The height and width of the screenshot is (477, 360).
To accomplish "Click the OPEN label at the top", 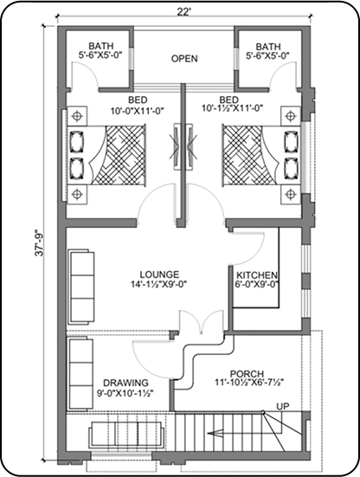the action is [x=184, y=58].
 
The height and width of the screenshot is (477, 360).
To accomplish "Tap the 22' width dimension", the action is [x=184, y=11].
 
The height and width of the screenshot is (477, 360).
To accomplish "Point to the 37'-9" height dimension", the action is [x=40, y=242].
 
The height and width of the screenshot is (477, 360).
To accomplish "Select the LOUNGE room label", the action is [x=159, y=274].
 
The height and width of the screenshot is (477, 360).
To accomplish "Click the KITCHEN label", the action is [x=257, y=275].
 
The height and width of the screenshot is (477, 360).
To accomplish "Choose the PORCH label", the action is [x=247, y=374].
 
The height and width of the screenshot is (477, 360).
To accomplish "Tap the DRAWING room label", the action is [x=125, y=383].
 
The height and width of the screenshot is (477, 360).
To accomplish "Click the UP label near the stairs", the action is [x=283, y=406].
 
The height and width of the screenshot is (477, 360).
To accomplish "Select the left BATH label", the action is [x=101, y=46].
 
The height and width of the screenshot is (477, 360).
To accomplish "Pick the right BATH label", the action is [x=268, y=47].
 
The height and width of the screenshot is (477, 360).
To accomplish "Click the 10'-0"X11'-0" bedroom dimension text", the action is [x=137, y=111].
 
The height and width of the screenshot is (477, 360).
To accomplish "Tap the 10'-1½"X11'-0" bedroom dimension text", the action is [x=232, y=108].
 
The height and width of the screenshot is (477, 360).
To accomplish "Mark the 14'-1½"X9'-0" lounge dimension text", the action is [x=158, y=284].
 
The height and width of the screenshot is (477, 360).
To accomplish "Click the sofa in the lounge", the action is [x=80, y=287].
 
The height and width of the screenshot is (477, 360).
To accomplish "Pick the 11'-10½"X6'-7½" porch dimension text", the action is [x=249, y=383].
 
